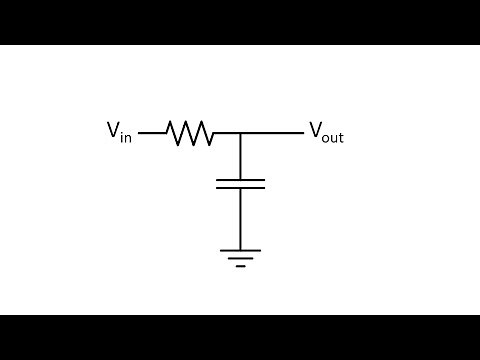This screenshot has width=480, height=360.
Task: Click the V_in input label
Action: coord(119,132)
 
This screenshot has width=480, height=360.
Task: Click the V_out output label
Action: coord(326,132)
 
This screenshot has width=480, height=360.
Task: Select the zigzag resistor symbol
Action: coord(190,133)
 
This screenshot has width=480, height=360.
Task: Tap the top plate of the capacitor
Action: coord(240,180)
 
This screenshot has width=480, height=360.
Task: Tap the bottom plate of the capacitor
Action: coord(240,187)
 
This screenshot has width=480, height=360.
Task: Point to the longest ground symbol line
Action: coord(240,251)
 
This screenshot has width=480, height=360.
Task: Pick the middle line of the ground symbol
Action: coord(240,258)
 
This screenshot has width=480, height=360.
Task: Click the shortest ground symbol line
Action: coord(240,266)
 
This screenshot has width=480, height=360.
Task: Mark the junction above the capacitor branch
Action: coord(240,133)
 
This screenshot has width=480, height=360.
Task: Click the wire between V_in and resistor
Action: coord(152,133)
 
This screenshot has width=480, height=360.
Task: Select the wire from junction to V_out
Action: coord(272,133)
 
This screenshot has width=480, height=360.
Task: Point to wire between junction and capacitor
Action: coord(240,156)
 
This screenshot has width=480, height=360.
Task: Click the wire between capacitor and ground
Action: coord(240,218)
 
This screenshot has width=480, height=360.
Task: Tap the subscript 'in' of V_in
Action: coord(126,137)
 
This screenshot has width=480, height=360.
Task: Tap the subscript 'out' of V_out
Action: coord(333,137)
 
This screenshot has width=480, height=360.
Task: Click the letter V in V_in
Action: coord(113,130)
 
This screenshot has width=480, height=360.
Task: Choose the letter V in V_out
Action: coord(315,130)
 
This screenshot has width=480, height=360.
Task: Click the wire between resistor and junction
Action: coord(227,133)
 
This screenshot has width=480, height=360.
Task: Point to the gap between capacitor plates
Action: coord(240,184)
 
